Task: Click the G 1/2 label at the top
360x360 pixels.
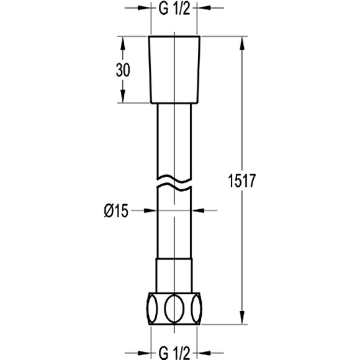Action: pos(174,9)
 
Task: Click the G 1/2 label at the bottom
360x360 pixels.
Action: pos(174,353)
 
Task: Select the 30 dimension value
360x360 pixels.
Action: pos(123,70)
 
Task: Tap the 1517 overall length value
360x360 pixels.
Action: pos(241,181)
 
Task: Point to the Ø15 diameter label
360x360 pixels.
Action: pos(115,211)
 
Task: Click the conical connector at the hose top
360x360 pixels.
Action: pos(174,70)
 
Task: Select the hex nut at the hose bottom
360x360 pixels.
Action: pos(174,308)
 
